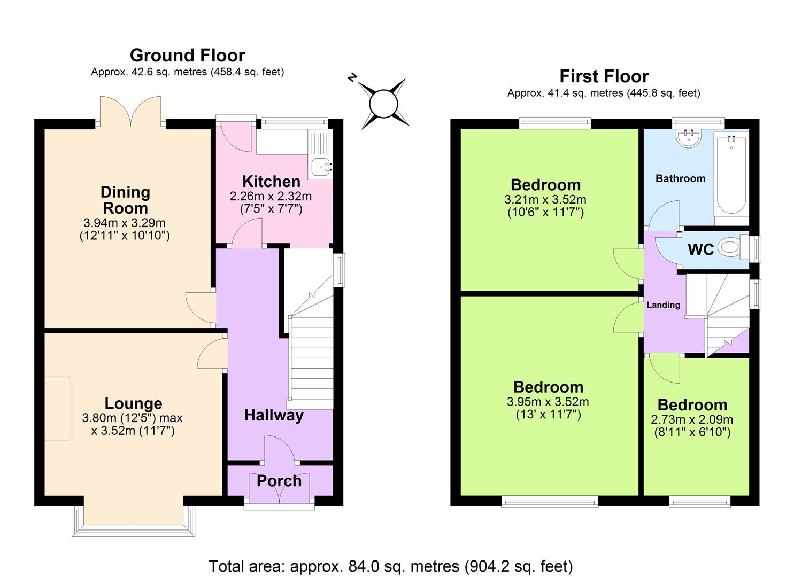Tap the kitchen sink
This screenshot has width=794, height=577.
pyautogui.click(x=321, y=166)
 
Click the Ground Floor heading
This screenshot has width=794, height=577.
pyautogui.click(x=187, y=56)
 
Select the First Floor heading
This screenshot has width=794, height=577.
pyautogui.click(x=604, y=76)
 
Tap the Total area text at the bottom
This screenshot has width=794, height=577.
pyautogui.click(x=390, y=566)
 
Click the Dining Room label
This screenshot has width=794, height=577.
pyautogui.click(x=125, y=200)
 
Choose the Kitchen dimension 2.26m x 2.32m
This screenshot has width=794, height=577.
pyautogui.click(x=271, y=196)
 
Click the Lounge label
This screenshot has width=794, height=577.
pyautogui.click(x=133, y=403)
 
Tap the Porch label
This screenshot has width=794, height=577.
pyautogui.click(x=279, y=481)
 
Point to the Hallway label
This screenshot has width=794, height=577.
pyautogui.click(x=274, y=415)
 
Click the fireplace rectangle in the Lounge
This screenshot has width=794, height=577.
pyautogui.click(x=57, y=408)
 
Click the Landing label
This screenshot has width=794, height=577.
pyautogui.click(x=663, y=305)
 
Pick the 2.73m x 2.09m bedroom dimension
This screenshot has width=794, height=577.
pyautogui.click(x=692, y=419)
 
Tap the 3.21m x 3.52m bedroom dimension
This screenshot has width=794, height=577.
pyautogui.click(x=545, y=200)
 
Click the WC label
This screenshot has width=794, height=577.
pyautogui.click(x=700, y=249)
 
